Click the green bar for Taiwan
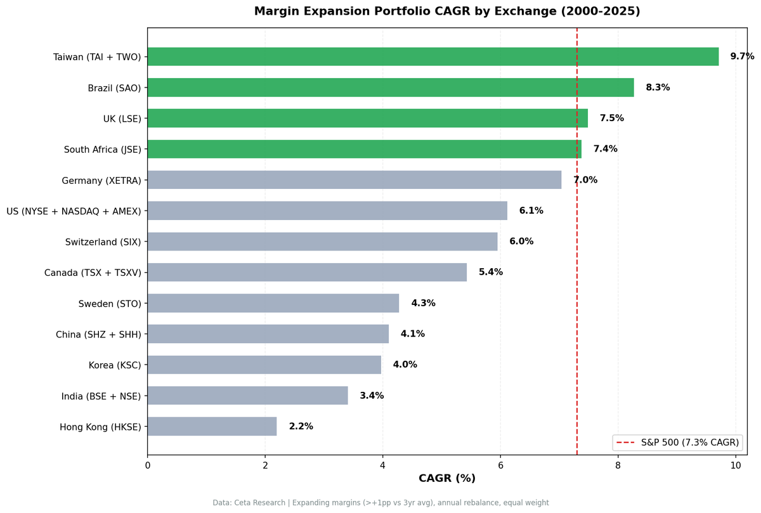point(433,56)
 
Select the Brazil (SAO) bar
point(390,88)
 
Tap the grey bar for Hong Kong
point(212,426)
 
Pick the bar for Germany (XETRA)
point(354,180)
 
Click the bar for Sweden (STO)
point(273,303)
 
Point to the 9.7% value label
point(742,56)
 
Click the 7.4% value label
point(605,149)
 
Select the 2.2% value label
point(301,426)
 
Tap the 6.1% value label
point(531,211)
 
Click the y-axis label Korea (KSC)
point(115,365)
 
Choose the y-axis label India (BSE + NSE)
point(101,396)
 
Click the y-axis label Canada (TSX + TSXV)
point(93,272)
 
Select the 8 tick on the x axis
point(618,465)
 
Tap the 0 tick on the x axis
point(148,465)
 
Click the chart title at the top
point(447,11)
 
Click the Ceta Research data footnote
point(380,503)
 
